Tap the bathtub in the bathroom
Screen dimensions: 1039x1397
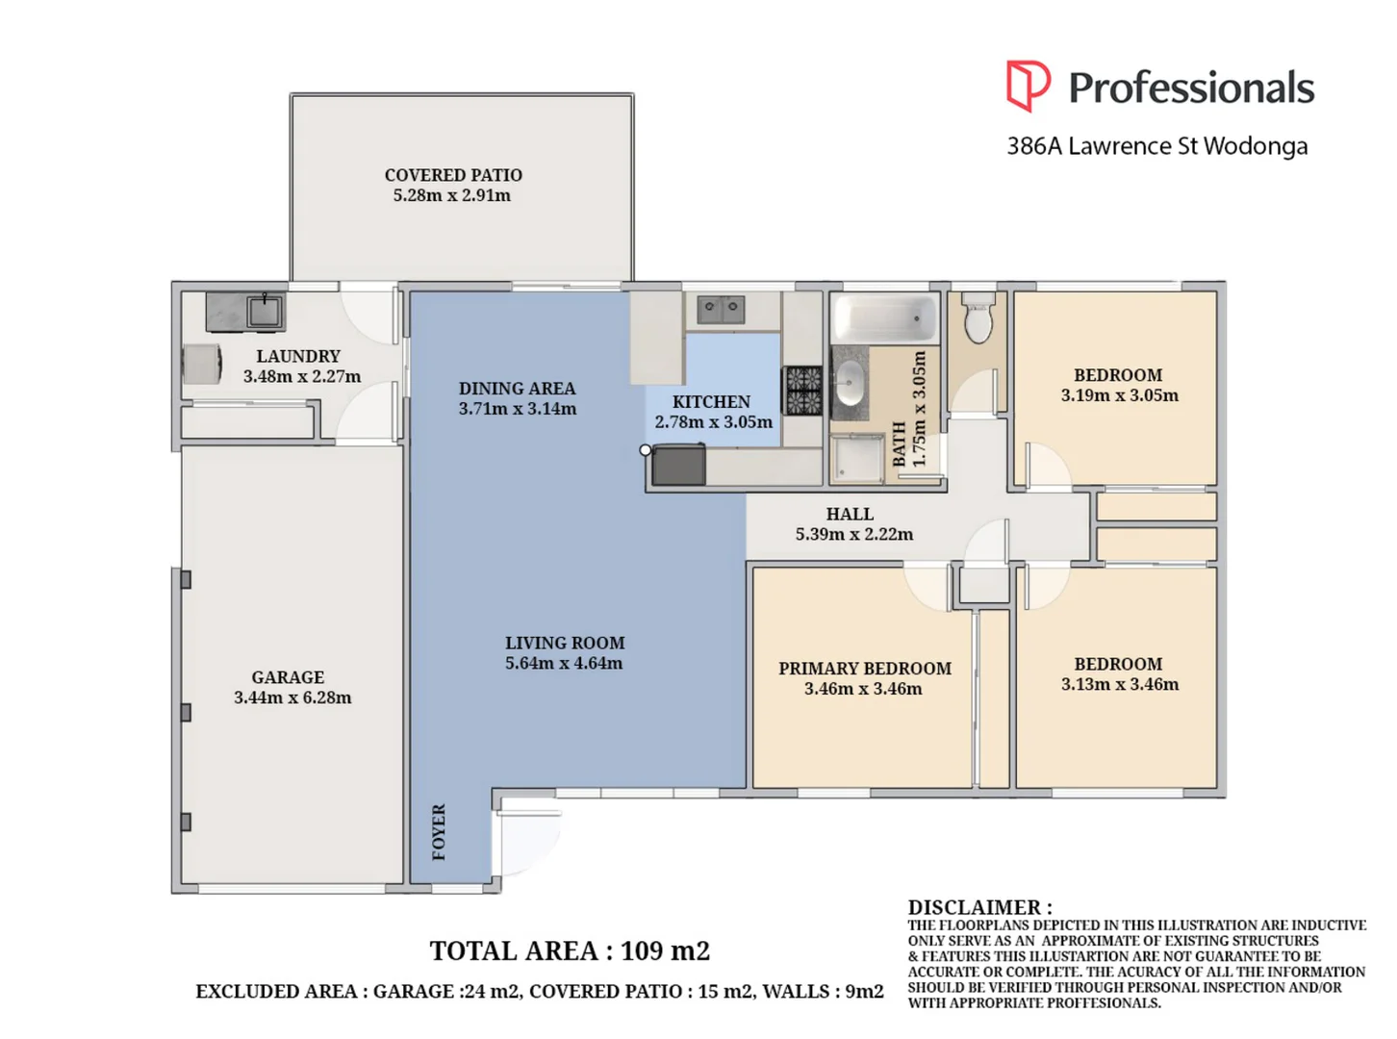[x=883, y=317]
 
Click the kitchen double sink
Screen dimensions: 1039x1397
[x=721, y=309]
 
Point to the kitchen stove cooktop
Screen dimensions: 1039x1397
[x=803, y=391]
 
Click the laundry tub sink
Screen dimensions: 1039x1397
[x=263, y=312]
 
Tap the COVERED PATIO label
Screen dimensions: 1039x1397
[x=453, y=175]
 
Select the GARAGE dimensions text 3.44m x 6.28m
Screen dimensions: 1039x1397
[x=292, y=697]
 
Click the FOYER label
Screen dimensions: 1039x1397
[x=439, y=832]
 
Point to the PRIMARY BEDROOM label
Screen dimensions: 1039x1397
[x=864, y=669]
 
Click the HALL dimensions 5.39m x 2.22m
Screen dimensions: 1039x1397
[x=853, y=534]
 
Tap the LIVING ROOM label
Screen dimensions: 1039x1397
[x=565, y=643]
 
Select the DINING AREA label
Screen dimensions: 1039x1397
[x=517, y=389]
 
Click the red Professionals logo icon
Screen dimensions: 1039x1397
[x=1028, y=86]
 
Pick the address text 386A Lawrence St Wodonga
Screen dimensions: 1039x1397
[x=1156, y=146]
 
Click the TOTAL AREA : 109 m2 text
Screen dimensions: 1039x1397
[x=569, y=950]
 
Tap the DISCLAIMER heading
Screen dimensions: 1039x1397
[x=979, y=907]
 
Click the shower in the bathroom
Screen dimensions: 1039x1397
[x=856, y=458]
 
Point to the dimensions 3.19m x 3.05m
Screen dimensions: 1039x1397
[x=1119, y=395]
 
